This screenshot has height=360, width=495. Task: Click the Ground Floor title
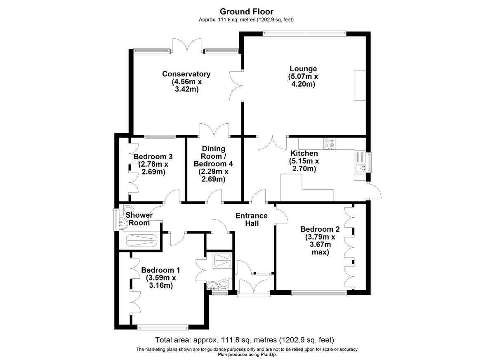(x=246, y=12)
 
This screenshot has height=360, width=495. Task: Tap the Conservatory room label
(x=186, y=74)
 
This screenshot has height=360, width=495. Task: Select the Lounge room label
(x=303, y=69)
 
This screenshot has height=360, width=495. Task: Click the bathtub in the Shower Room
(x=141, y=240)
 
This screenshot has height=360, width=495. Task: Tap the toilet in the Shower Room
(x=128, y=209)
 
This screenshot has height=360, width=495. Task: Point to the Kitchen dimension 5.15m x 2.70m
(x=304, y=165)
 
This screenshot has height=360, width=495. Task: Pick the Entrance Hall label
(x=252, y=219)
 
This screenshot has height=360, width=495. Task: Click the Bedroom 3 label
(x=153, y=157)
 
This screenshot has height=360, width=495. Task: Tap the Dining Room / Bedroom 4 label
(x=213, y=156)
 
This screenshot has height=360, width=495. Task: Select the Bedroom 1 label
(x=160, y=270)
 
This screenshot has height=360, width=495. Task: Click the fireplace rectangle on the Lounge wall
(x=360, y=85)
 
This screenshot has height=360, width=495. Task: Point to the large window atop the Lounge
(x=304, y=33)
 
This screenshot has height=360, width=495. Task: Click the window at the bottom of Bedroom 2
(x=319, y=293)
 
